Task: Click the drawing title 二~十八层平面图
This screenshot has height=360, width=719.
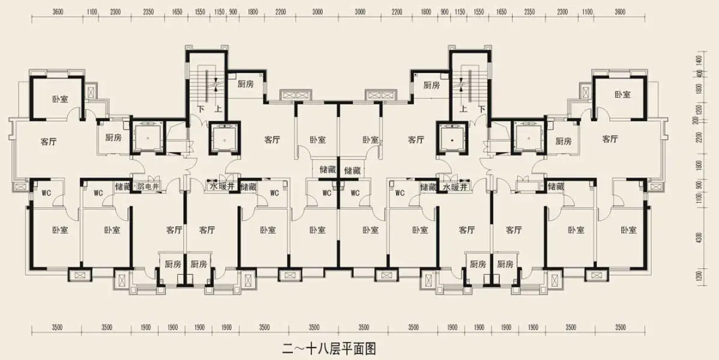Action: (330, 347)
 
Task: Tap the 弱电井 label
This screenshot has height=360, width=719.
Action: (147, 187)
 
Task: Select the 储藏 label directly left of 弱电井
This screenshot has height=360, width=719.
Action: (123, 187)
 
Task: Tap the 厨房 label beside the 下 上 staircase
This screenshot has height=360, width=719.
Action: (245, 85)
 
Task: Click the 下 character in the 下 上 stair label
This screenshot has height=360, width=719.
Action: (200, 109)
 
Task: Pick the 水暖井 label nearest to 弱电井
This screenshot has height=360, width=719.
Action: (222, 187)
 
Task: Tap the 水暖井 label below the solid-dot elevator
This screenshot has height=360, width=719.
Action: (456, 187)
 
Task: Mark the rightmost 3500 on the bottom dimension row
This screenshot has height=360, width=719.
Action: (620, 327)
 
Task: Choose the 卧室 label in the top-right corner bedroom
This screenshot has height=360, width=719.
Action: (622, 95)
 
